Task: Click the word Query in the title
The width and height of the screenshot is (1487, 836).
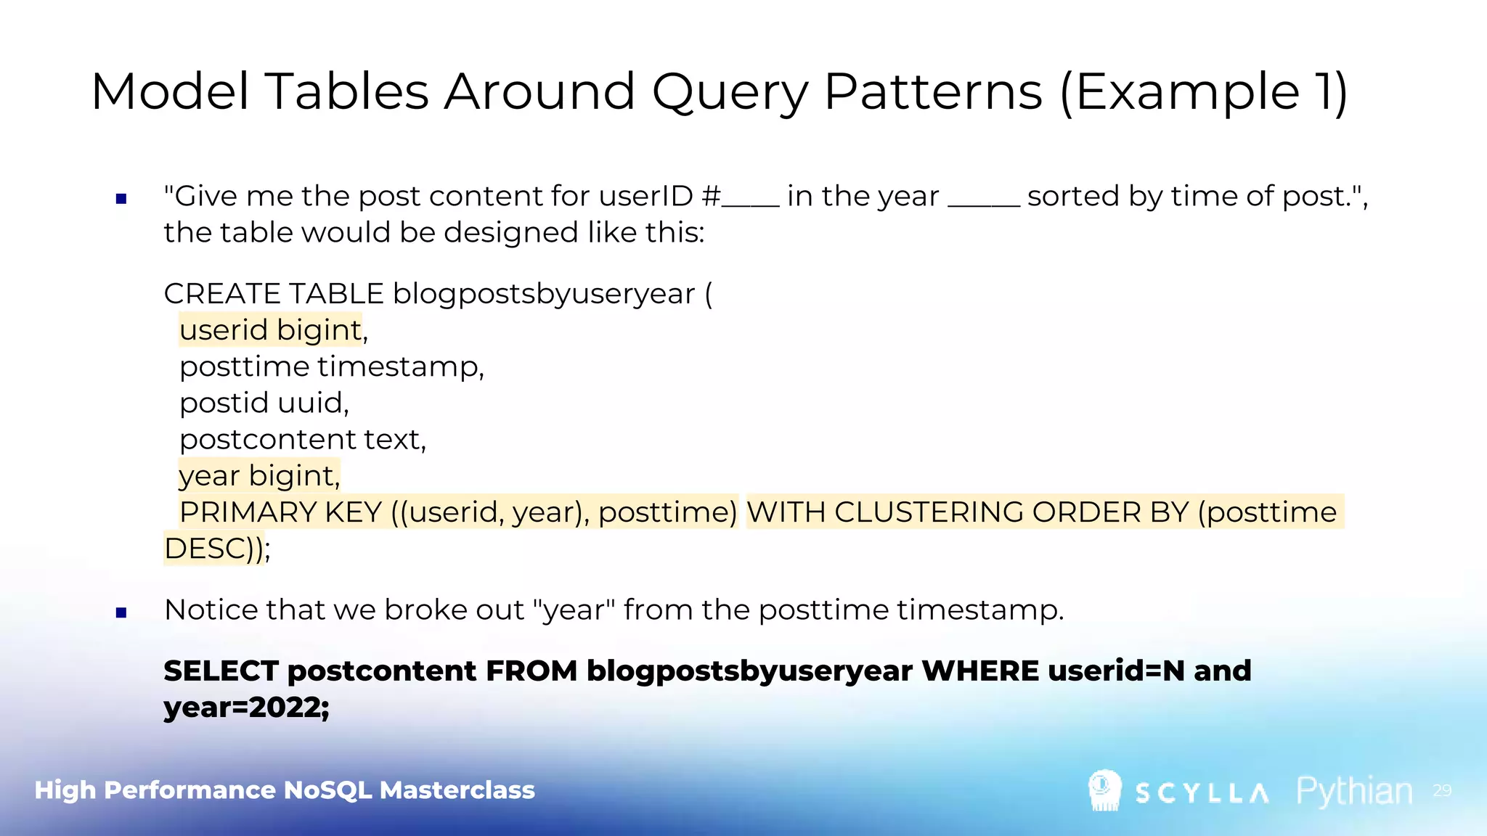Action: click(x=730, y=93)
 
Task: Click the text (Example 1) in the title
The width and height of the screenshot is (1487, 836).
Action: click(x=1204, y=93)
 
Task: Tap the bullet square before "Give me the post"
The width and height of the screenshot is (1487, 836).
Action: click(x=121, y=198)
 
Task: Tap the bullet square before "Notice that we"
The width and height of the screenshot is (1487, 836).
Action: click(x=121, y=612)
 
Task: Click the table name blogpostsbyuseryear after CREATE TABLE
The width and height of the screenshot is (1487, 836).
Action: click(x=544, y=294)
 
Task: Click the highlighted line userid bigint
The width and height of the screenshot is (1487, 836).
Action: click(x=271, y=330)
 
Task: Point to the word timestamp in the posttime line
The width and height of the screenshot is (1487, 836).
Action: click(x=400, y=366)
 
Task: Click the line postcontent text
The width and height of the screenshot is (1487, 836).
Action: click(x=302, y=440)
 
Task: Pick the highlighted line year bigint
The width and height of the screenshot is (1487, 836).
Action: click(x=258, y=476)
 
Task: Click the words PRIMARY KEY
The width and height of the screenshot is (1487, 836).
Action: click(x=280, y=512)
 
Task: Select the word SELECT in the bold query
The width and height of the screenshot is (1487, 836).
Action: click(x=221, y=671)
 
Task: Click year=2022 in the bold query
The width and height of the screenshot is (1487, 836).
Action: click(x=245, y=708)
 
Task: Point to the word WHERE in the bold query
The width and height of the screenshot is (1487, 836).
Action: click(x=979, y=671)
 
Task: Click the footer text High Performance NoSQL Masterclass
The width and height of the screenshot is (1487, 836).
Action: click(x=285, y=790)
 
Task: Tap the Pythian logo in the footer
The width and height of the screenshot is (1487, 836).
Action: click(x=1354, y=791)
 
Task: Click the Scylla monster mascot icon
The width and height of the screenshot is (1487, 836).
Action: click(x=1104, y=790)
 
